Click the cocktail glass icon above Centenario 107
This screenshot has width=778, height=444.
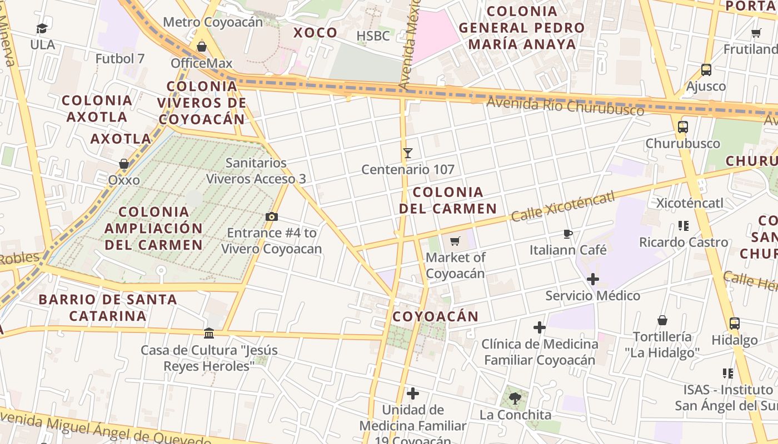pos(408,153)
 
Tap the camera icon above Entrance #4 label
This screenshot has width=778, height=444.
pos(271,217)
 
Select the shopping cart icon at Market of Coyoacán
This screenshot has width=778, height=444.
pos(455,241)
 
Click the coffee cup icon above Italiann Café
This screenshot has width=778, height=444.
pos(567,234)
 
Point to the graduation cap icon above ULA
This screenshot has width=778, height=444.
pos(42,28)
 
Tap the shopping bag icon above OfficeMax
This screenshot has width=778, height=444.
pos(202,47)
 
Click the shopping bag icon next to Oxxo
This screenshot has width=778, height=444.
pos(124,164)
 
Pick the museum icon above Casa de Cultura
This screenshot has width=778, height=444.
pos(209,333)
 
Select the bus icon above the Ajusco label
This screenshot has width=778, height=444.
pos(706,70)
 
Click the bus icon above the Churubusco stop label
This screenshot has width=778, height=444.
pos(683,127)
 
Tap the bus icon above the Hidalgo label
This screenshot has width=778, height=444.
pos(734,323)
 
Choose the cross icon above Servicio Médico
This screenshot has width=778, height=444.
pos(593,279)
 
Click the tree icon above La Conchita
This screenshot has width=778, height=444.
pos(515,397)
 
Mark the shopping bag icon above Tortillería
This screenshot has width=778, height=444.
pos(662,320)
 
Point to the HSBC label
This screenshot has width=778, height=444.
pos(373,36)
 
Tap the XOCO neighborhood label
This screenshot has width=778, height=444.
pos(315,33)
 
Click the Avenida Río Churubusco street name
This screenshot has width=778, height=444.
pos(565,105)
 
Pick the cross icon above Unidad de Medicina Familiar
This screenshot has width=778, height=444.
pos(412,393)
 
